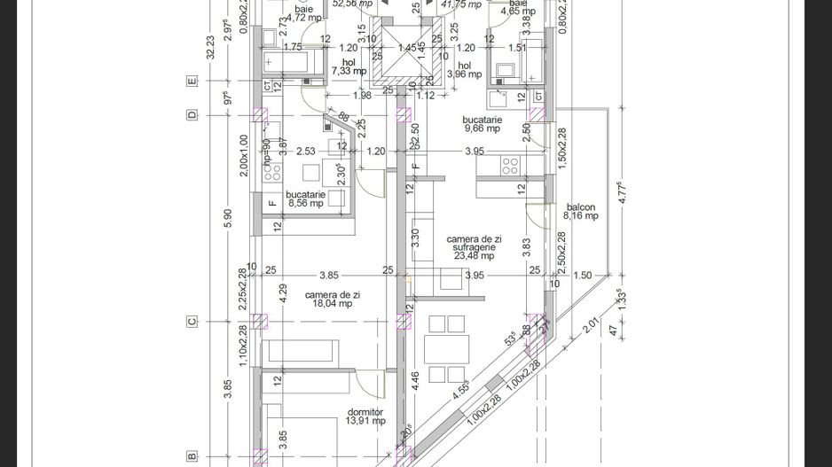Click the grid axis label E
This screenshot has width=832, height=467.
pos(191,81)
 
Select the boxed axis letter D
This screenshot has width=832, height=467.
pos(191,115)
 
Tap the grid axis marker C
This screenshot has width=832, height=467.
pos(191,322)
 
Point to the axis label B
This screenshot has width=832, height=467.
pos(191,455)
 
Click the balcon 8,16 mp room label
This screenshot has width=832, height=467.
pos(581,212)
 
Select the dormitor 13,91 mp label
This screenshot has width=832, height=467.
pos(365,416)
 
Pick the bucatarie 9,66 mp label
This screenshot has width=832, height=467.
pos(482,124)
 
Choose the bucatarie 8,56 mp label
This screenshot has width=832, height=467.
pos(305,198)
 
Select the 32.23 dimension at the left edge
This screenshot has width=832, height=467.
pos(209,46)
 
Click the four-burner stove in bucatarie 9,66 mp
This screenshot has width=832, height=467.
pos(510,165)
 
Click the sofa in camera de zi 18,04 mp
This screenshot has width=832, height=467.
pos(301,350)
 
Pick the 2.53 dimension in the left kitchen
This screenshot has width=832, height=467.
pos(306,152)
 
